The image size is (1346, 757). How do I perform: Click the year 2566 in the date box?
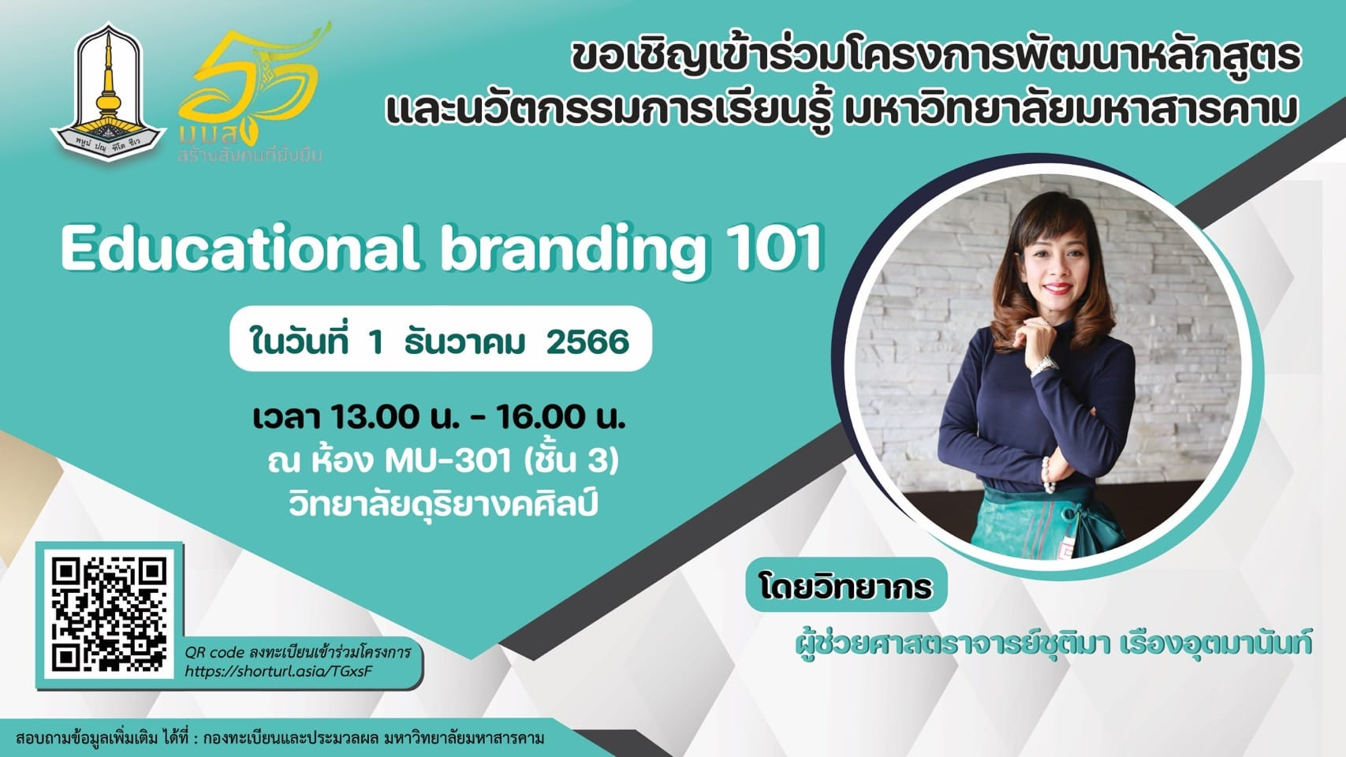pyautogui.click(x=587, y=342)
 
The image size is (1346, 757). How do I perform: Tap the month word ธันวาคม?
pyautogui.click(x=465, y=342)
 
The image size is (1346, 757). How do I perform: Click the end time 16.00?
pyautogui.click(x=541, y=418)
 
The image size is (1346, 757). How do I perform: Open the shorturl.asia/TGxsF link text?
pyautogui.click(x=279, y=670)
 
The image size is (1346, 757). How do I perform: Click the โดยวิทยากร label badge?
pyautogui.click(x=846, y=585)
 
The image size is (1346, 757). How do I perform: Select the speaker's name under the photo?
pyautogui.click(x=1053, y=643)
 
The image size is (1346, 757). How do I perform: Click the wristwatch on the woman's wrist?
pyautogui.click(x=1044, y=364)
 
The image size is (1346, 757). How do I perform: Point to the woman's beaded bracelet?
pyautogui.click(x=1047, y=475)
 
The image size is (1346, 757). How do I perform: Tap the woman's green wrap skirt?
pyautogui.click(x=1046, y=524)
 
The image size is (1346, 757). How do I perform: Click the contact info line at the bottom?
pyautogui.click(x=280, y=738)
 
